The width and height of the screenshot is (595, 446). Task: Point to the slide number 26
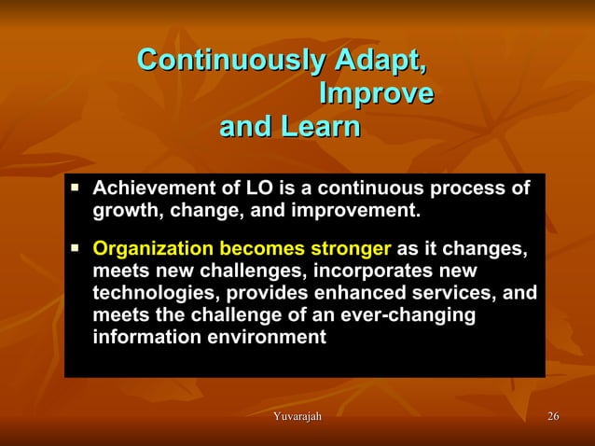coord(553,415)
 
